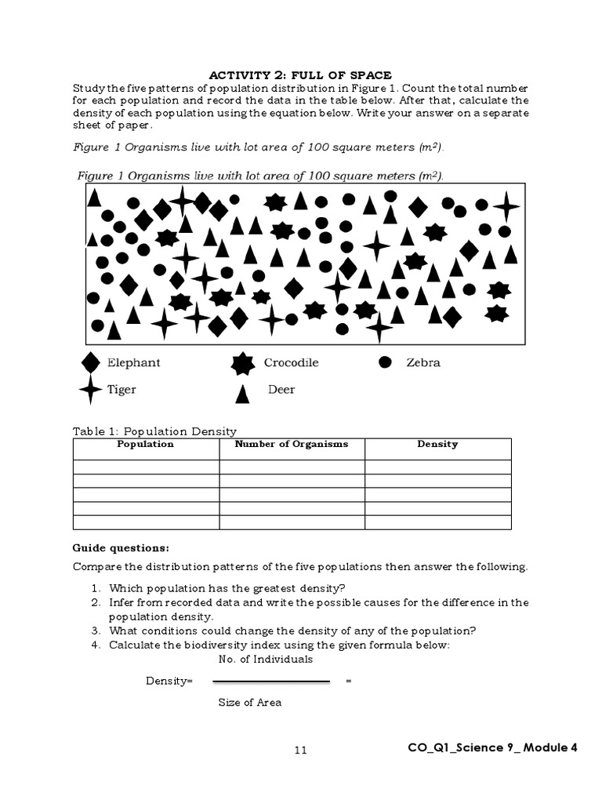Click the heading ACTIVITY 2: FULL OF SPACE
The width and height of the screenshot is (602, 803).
click(x=300, y=75)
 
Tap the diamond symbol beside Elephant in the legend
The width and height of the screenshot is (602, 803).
click(x=91, y=362)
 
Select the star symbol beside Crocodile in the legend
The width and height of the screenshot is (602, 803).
click(x=243, y=363)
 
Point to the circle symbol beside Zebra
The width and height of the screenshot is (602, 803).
click(x=385, y=362)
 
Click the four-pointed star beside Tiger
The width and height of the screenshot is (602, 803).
click(x=91, y=390)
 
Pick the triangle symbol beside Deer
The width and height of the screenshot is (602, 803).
click(x=243, y=394)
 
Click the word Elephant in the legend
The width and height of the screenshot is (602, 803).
click(x=133, y=363)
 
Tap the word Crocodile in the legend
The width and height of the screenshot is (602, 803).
click(x=291, y=363)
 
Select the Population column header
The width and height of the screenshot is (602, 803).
click(x=145, y=444)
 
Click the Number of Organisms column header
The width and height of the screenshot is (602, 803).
click(x=292, y=444)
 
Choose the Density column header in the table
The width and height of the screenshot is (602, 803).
click(x=437, y=444)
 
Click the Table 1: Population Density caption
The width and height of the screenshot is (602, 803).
click(x=154, y=431)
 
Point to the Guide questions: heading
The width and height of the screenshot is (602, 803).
click(x=121, y=547)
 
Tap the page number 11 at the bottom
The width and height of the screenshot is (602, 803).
click(x=301, y=750)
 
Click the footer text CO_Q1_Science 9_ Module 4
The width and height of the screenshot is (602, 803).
click(x=492, y=747)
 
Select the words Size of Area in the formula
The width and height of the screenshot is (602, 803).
click(x=249, y=703)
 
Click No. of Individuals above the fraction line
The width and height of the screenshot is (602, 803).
click(x=265, y=659)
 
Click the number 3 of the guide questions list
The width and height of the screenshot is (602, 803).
click(x=94, y=630)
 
